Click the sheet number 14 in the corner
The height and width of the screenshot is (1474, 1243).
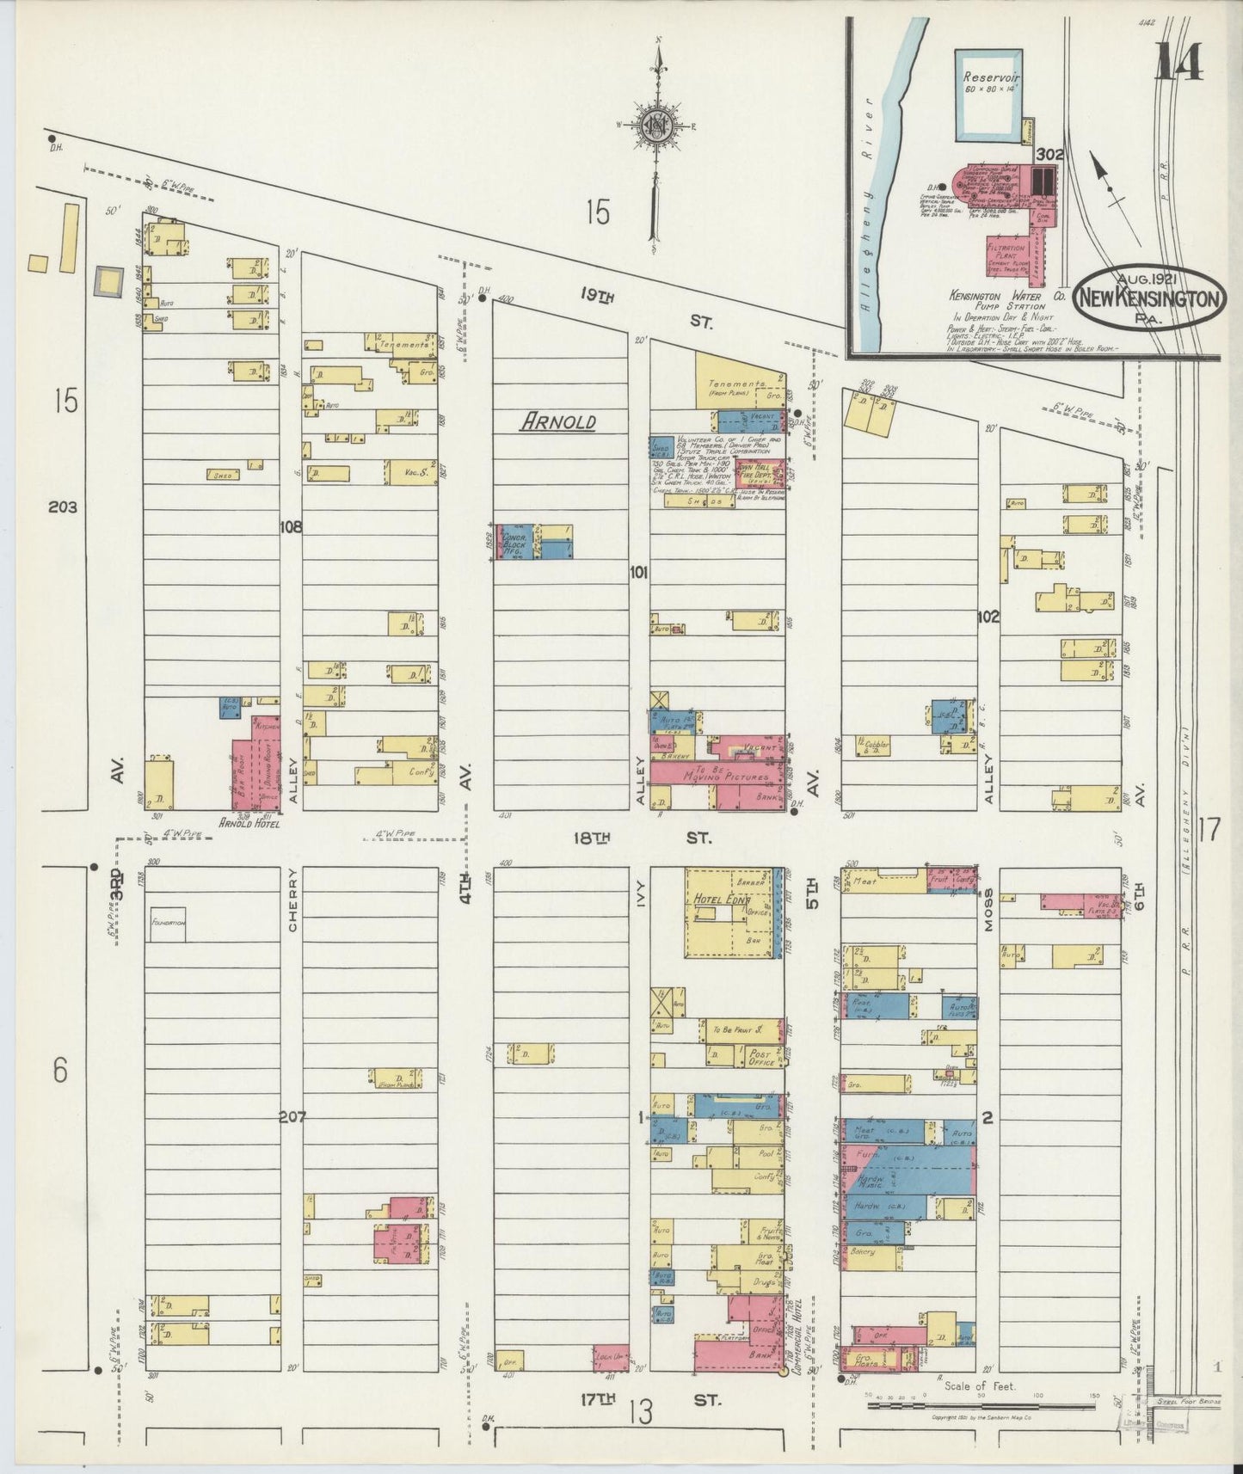pyautogui.click(x=1178, y=62)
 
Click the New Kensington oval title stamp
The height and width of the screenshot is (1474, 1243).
pyautogui.click(x=1150, y=297)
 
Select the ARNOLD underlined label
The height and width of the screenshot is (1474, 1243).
pyautogui.click(x=557, y=421)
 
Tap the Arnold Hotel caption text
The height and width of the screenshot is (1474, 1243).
pyautogui.click(x=249, y=822)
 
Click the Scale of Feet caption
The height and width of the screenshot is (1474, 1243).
pyautogui.click(x=981, y=1386)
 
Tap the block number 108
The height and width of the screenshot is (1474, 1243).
pyautogui.click(x=291, y=527)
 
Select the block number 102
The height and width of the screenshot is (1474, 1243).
pyautogui.click(x=988, y=616)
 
